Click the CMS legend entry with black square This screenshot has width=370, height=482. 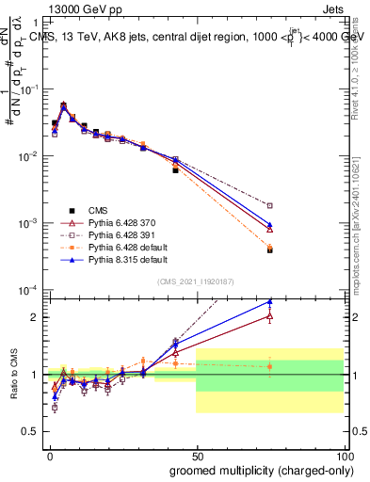coord(98,208)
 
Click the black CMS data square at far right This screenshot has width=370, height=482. coord(269,250)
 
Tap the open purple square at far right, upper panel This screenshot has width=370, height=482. coord(269,205)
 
